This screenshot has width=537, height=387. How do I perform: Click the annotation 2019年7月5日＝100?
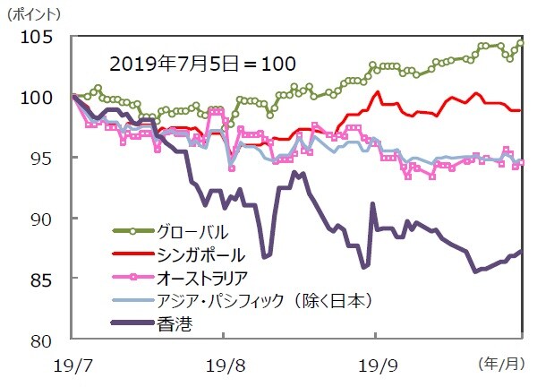point(202,64)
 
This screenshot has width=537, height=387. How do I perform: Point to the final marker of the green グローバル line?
point(521,42)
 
